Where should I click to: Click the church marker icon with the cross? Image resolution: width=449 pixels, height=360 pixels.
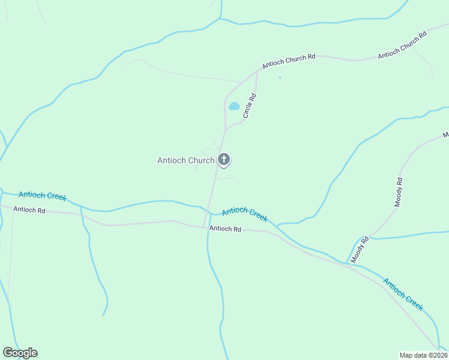[x=224, y=160]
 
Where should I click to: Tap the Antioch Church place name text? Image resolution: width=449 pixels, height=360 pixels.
[x=185, y=160]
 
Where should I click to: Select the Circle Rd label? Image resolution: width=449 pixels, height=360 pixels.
[x=250, y=105]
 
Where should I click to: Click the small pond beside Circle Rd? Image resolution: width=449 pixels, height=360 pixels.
[x=234, y=107]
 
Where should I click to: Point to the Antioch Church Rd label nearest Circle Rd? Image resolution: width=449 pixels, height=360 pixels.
[x=289, y=61]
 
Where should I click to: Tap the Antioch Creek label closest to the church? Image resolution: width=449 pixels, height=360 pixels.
[x=244, y=214]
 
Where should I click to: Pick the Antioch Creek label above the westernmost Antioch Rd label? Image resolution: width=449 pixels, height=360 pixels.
[x=43, y=196]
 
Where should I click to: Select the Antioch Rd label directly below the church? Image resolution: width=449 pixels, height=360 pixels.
[x=225, y=229]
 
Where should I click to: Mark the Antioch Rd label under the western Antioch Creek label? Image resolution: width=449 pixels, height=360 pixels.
[x=29, y=210]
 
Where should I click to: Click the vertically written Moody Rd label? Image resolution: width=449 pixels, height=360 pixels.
[x=399, y=193]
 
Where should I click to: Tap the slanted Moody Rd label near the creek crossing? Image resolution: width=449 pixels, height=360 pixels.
[x=359, y=250]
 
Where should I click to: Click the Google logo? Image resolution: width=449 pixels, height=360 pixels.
[x=20, y=353]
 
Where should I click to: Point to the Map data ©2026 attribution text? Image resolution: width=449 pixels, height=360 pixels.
[x=423, y=355]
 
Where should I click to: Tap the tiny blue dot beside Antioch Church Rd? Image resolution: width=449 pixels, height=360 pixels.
[x=279, y=77]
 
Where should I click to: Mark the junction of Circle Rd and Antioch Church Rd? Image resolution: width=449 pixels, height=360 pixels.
[x=258, y=71]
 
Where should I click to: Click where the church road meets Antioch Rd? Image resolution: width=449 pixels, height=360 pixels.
[x=204, y=227]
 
